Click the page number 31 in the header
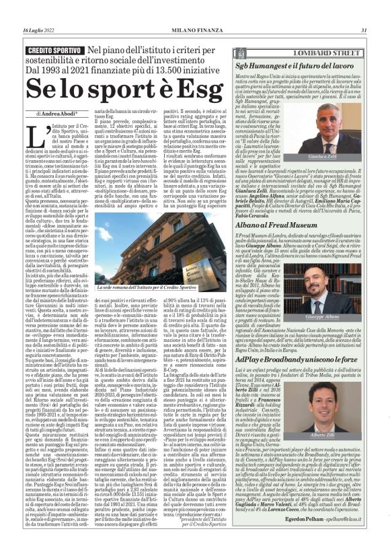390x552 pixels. pyautogui.click(x=363, y=30)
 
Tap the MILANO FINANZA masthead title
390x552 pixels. pyautogui.click(x=195, y=30)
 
